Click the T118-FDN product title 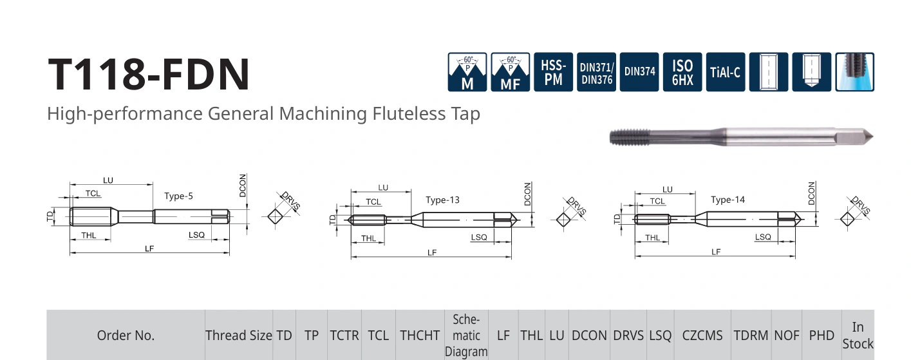click(149, 74)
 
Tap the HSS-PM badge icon click(553, 72)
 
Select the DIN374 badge click(639, 72)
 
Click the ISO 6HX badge click(682, 72)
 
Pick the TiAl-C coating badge click(726, 72)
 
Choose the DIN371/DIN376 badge click(596, 72)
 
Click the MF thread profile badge click(510, 72)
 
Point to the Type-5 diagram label click(178, 196)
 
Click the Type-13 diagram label click(442, 200)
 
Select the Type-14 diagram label click(728, 200)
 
